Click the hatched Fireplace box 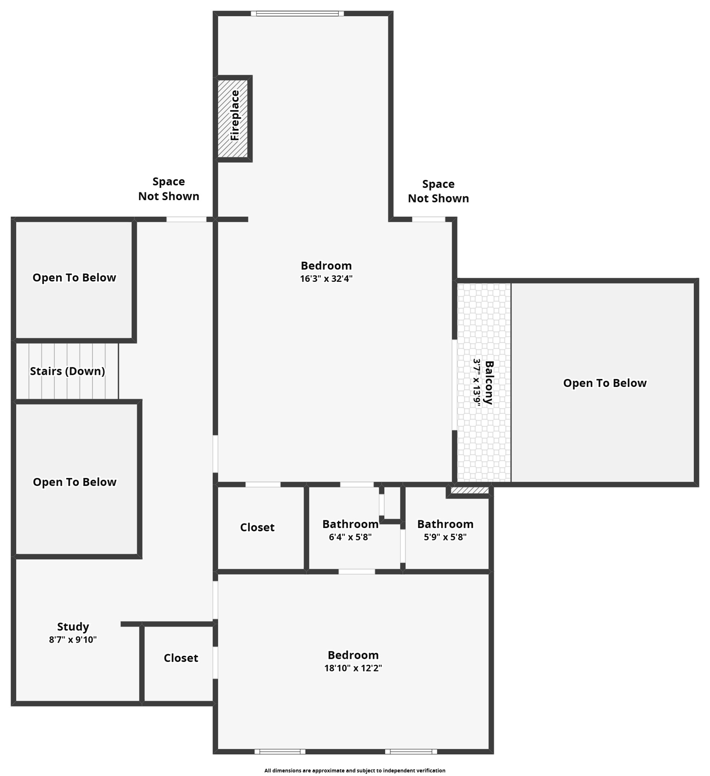(233, 118)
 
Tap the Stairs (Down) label (67, 371)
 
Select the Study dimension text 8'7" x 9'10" (73, 640)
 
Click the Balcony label (489, 382)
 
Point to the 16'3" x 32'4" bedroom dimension (326, 279)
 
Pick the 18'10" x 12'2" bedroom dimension (352, 668)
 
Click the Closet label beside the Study (181, 658)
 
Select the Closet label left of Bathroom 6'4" (257, 527)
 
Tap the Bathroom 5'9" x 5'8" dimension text (445, 538)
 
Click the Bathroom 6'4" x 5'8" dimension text (350, 538)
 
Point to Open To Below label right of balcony (604, 383)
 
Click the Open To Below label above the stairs (74, 278)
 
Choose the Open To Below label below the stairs (75, 482)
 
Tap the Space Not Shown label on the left (169, 189)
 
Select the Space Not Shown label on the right (438, 191)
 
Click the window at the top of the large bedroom (297, 14)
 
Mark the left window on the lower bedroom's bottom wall (279, 751)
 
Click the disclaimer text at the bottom (354, 770)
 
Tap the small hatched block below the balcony (470, 490)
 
